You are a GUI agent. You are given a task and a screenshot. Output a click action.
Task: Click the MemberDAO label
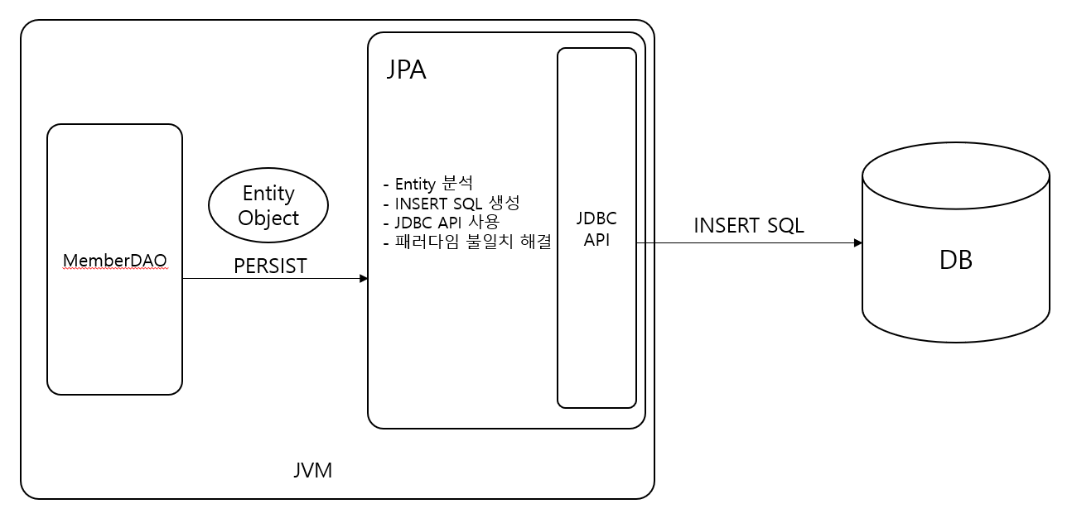pyautogui.click(x=114, y=260)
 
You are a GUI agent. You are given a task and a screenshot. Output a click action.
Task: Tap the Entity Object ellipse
pyautogui.click(x=268, y=205)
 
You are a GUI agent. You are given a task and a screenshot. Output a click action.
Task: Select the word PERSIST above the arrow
pyautogui.click(x=270, y=266)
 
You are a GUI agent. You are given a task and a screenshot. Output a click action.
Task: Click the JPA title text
pyautogui.click(x=406, y=70)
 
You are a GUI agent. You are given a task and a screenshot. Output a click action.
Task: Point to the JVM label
pyautogui.click(x=312, y=470)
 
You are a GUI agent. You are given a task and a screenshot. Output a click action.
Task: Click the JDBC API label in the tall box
pyautogui.click(x=596, y=229)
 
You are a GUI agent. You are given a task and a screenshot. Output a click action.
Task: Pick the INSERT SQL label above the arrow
pyautogui.click(x=748, y=225)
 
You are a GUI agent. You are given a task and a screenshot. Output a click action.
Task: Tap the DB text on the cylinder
pyautogui.click(x=955, y=260)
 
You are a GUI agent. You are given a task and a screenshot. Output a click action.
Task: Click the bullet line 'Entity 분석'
pyautogui.click(x=428, y=184)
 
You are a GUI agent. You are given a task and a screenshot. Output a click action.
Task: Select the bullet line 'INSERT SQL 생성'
pyautogui.click(x=451, y=203)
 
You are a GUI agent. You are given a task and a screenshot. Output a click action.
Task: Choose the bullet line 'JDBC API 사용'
pyautogui.click(x=442, y=223)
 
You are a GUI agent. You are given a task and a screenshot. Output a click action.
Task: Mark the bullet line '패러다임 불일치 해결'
pyautogui.click(x=468, y=242)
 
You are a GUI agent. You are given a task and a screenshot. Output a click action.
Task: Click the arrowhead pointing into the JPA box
pyautogui.click(x=364, y=279)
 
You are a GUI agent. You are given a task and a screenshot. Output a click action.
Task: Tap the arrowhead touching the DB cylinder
pyautogui.click(x=858, y=243)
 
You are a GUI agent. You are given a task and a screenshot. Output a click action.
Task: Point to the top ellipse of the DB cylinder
pyautogui.click(x=955, y=175)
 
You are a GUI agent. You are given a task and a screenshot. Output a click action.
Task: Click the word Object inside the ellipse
pyautogui.click(x=268, y=218)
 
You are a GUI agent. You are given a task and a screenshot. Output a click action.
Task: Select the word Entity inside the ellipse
pyautogui.click(x=268, y=193)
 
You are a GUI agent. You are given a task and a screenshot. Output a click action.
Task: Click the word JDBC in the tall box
pyautogui.click(x=596, y=219)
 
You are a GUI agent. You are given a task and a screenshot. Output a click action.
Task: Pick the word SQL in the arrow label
pyautogui.click(x=785, y=225)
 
